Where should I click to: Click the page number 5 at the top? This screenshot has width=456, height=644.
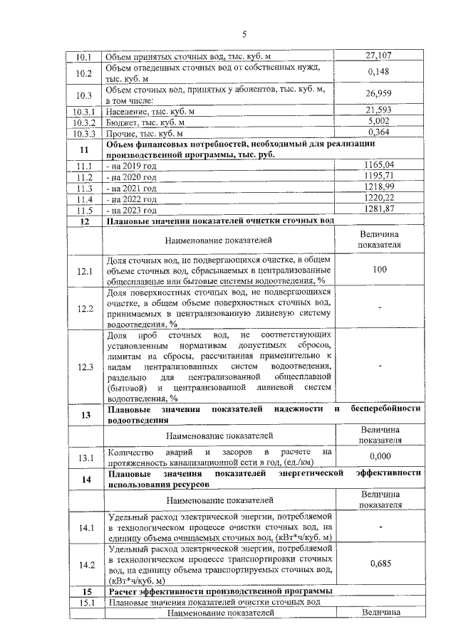click(x=244, y=33)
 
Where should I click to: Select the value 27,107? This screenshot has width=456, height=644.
click(x=380, y=56)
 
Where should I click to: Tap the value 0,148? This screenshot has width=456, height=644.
click(x=380, y=72)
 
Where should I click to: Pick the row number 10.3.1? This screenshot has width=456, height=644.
click(x=84, y=111)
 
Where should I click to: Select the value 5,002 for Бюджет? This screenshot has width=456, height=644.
click(x=380, y=122)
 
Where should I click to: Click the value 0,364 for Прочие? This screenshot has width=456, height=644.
click(x=380, y=132)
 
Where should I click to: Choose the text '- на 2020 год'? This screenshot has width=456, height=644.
click(x=131, y=177)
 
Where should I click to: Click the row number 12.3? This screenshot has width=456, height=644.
click(x=84, y=366)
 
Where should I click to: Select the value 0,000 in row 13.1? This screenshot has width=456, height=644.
click(x=380, y=456)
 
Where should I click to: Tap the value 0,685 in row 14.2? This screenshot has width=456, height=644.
click(x=380, y=563)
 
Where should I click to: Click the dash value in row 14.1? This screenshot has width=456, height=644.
click(x=380, y=527)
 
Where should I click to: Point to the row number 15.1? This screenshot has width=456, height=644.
click(x=84, y=602)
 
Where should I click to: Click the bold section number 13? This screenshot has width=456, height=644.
click(x=84, y=415)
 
